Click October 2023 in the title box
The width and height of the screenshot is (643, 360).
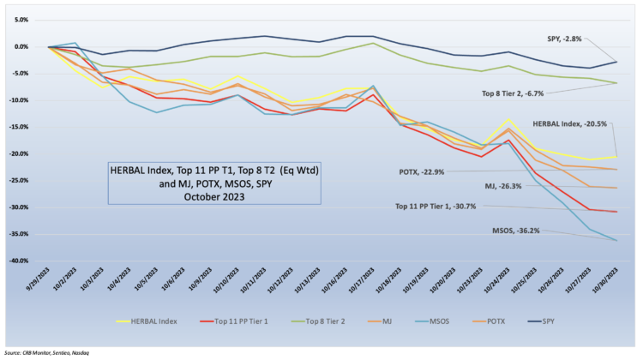(213, 195)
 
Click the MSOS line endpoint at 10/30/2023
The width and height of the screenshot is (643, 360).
(617, 240)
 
